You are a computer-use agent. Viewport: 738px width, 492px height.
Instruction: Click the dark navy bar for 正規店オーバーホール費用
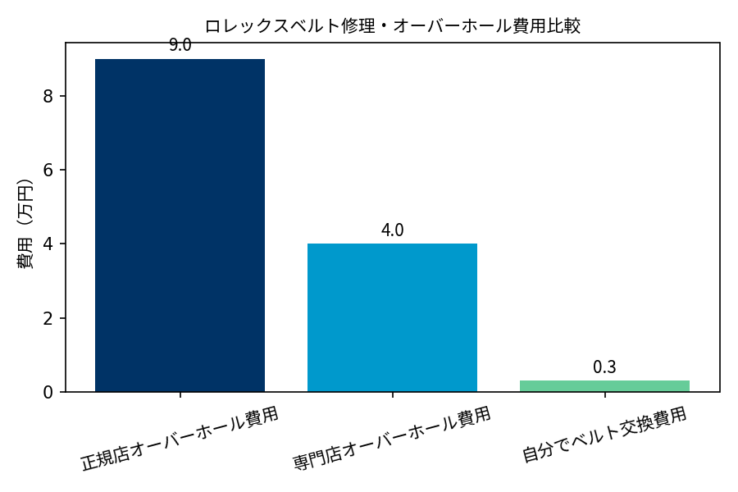pyautogui.click(x=180, y=225)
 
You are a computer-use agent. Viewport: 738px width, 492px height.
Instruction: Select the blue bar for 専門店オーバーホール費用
pyautogui.click(x=392, y=317)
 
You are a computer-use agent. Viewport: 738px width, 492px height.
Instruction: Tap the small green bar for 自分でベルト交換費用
pyautogui.click(x=604, y=386)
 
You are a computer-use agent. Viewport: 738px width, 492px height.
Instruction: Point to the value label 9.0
pyautogui.click(x=180, y=46)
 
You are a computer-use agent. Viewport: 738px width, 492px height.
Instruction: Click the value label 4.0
pyautogui.click(x=392, y=230)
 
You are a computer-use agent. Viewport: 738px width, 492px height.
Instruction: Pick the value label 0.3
pyautogui.click(x=604, y=367)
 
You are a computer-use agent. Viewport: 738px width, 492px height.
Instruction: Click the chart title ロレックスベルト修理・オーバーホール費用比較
pyautogui.click(x=392, y=26)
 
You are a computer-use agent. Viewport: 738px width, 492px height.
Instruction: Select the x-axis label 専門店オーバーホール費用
pyautogui.click(x=392, y=438)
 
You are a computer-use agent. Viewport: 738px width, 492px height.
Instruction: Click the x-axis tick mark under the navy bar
pyautogui.click(x=180, y=394)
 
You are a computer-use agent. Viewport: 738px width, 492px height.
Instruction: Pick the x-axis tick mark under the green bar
pyautogui.click(x=604, y=394)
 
